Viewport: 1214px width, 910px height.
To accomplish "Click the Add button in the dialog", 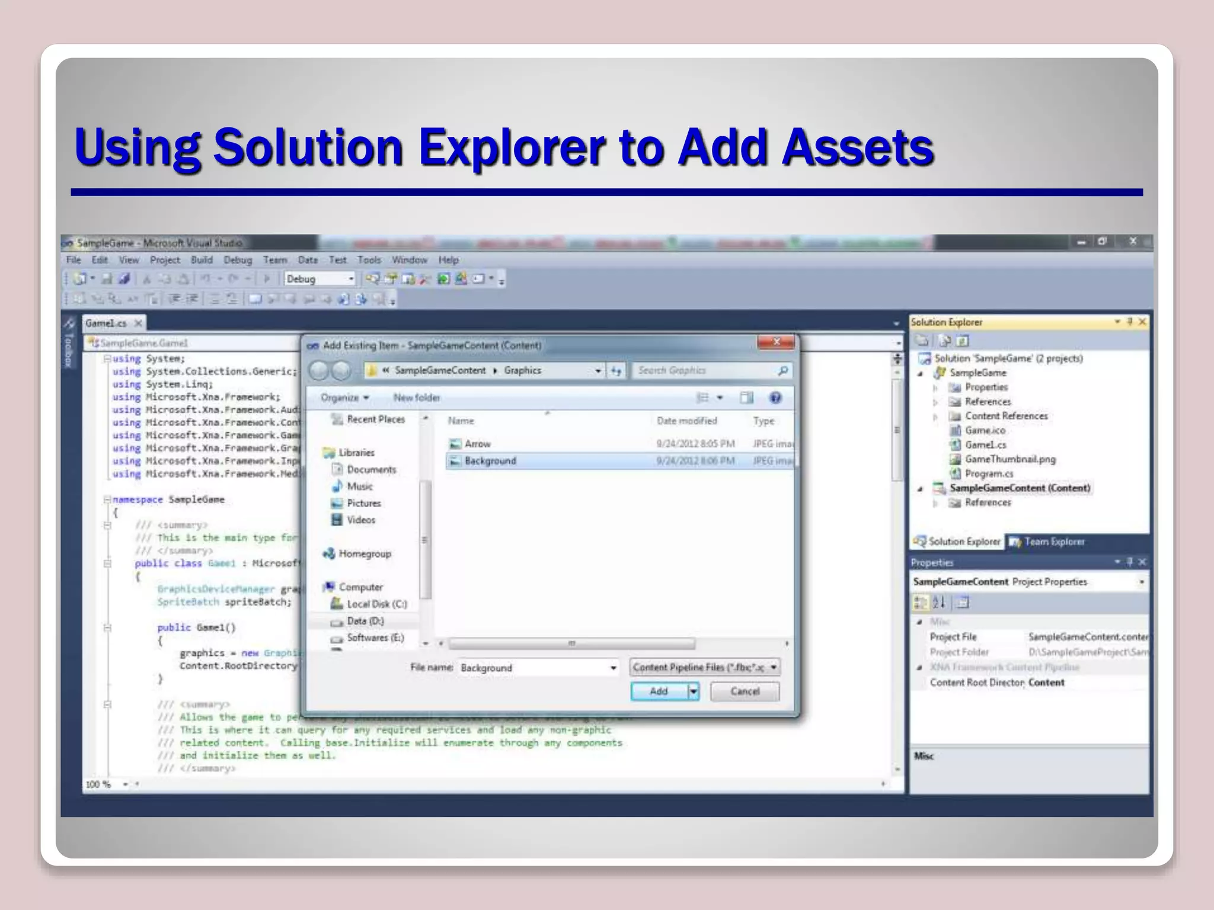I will (659, 691).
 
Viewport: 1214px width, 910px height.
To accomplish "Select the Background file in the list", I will (490, 461).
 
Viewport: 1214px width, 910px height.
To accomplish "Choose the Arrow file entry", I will (477, 444).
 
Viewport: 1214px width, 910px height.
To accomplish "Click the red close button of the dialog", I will (776, 342).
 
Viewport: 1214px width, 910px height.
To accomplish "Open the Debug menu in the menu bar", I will (237, 260).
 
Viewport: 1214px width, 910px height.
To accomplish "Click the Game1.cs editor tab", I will (106, 323).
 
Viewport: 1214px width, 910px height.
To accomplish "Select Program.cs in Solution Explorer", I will (989, 473).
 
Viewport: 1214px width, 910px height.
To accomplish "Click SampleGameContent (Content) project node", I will (1020, 488).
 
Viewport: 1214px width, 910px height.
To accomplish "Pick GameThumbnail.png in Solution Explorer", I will (1009, 459).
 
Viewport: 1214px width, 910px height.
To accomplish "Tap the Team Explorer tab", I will (1053, 541).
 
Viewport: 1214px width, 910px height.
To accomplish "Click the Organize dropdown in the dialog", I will (344, 398).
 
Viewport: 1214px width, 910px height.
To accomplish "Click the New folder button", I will (416, 398).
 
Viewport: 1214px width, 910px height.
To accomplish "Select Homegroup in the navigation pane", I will (365, 554).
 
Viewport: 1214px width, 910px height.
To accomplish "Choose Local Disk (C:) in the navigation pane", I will (376, 604).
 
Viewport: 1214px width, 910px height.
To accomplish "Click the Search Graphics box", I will (705, 370).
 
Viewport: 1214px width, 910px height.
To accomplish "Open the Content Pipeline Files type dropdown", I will (704, 668).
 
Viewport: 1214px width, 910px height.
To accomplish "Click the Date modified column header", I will (686, 421).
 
